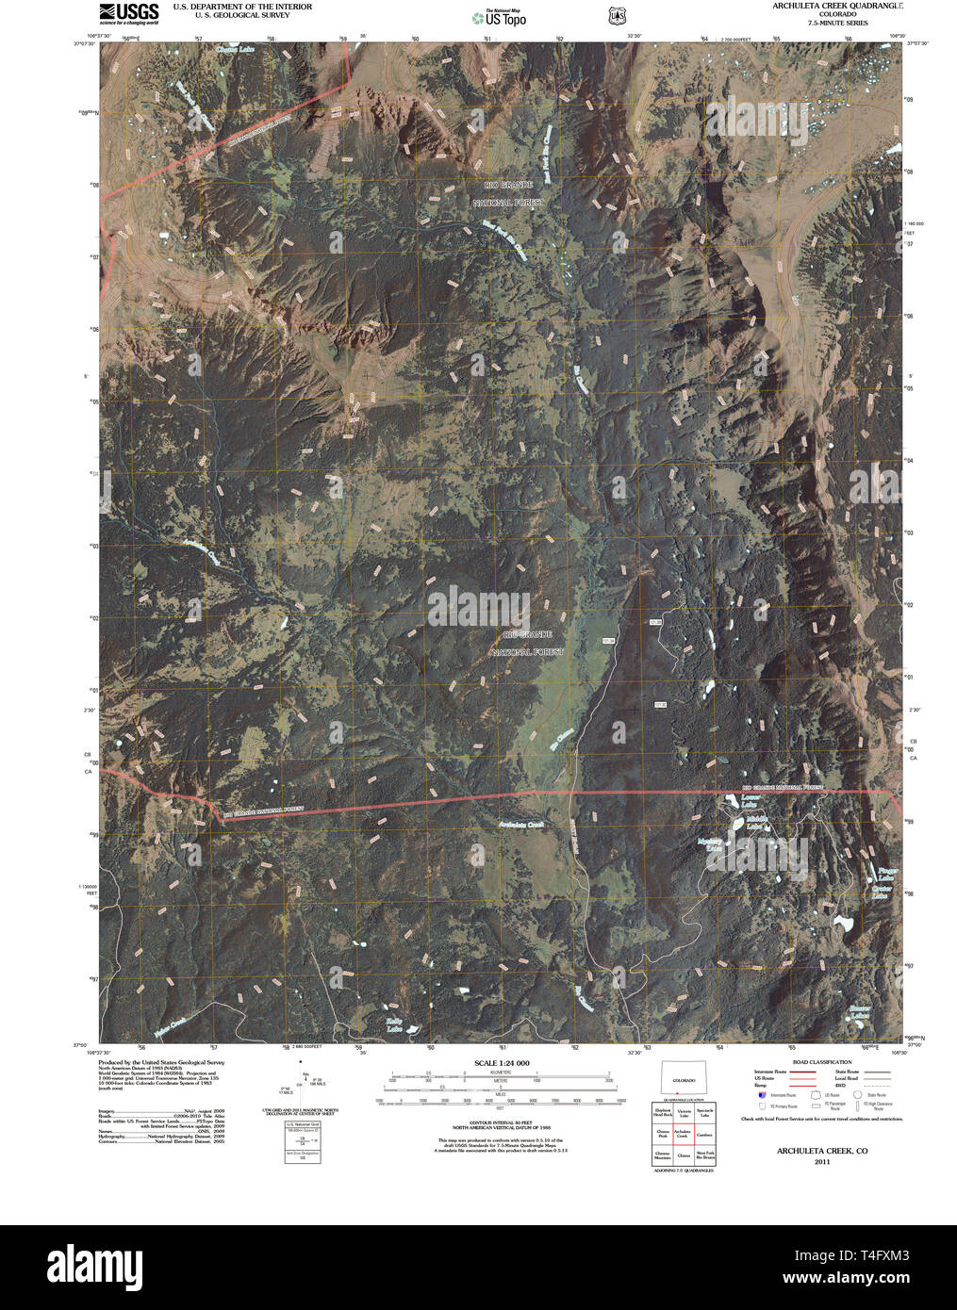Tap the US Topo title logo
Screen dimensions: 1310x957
click(x=500, y=17)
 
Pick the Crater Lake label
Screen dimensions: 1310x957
click(x=881, y=892)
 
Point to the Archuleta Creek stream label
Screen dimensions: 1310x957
click(x=521, y=826)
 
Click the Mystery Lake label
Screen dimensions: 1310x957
click(x=709, y=843)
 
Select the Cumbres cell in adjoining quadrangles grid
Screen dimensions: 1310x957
click(x=704, y=1136)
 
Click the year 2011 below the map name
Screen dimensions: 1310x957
click(x=821, y=1162)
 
